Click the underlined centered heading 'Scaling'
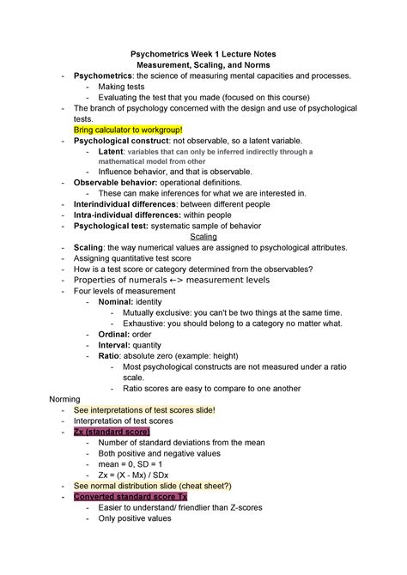[203, 237]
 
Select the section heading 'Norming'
[66, 399]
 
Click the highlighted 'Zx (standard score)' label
[112, 432]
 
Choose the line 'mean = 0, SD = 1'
[133, 463]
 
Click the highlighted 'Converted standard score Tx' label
[131, 496]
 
